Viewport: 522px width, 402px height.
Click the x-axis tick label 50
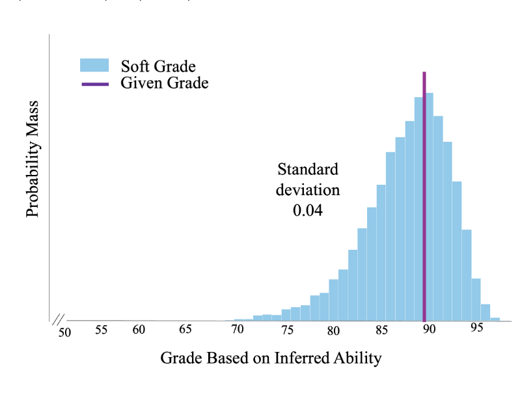(64, 333)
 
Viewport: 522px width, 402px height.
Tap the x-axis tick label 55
(101, 330)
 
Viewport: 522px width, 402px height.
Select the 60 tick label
(139, 330)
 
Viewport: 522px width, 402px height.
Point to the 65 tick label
(185, 330)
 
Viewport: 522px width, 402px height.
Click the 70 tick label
(238, 330)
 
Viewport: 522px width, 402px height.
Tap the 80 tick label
(333, 330)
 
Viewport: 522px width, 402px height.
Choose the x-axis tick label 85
(381, 330)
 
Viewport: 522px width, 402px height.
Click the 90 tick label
(429, 330)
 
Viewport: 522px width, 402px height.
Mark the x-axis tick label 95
(477, 328)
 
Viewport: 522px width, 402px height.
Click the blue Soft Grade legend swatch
(94, 65)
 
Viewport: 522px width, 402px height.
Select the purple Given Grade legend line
(94, 83)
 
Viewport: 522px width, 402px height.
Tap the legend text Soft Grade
(158, 66)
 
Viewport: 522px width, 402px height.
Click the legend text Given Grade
(164, 83)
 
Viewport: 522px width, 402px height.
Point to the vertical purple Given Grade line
(424, 195)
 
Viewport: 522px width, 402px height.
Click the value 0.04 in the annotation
(308, 211)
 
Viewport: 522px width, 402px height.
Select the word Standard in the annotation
(308, 170)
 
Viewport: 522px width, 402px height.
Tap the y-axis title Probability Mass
(33, 159)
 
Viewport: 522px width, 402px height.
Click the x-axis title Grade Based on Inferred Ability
(270, 358)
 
